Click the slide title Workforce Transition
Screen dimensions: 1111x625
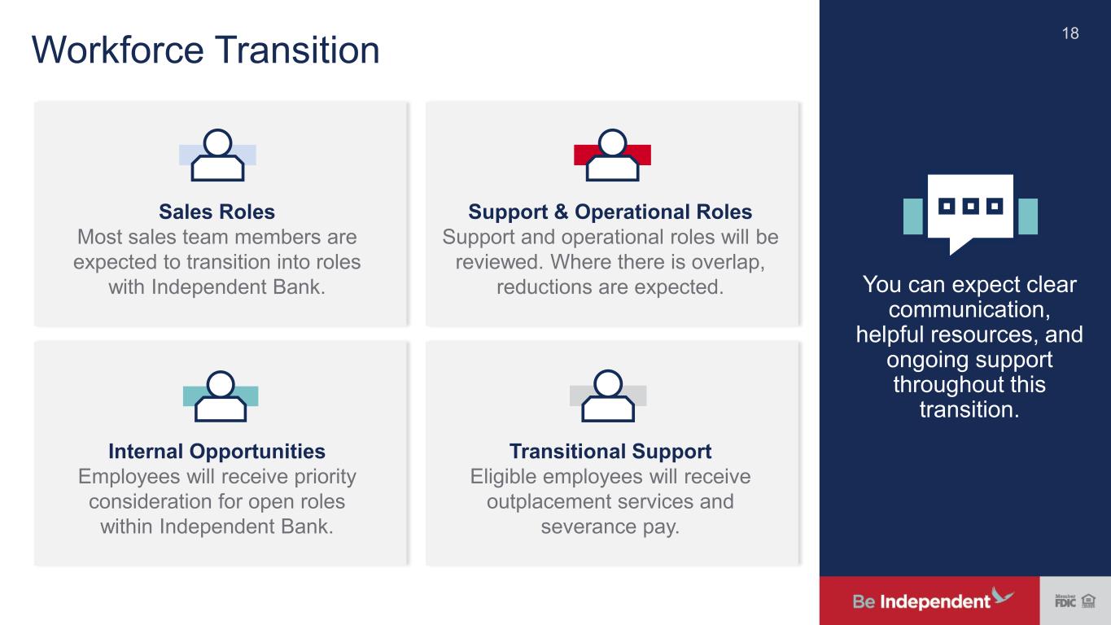point(206,50)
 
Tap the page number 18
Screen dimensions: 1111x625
point(1070,33)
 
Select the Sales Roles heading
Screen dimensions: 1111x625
point(217,212)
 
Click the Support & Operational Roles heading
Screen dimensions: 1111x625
point(610,212)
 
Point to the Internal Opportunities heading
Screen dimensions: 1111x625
point(217,452)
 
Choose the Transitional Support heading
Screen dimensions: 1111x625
point(610,452)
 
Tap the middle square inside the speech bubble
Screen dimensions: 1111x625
point(970,206)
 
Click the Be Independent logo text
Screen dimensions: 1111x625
point(921,601)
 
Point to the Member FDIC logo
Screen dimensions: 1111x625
point(1065,601)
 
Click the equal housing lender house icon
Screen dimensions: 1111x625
point(1088,601)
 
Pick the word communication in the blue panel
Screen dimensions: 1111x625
point(969,309)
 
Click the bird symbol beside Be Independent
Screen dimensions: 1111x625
point(1002,595)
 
